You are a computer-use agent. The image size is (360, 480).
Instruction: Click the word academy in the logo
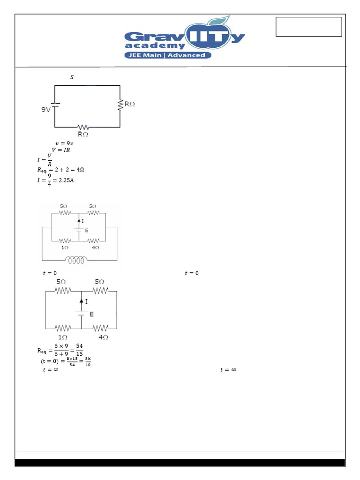click(x=155, y=45)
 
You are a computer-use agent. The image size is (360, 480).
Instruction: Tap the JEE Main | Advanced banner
click(x=167, y=55)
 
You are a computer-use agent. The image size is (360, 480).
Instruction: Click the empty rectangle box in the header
click(x=308, y=27)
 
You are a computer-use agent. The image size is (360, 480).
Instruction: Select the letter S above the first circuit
click(x=72, y=77)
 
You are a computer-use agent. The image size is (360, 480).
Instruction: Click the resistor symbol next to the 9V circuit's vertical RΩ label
click(x=120, y=105)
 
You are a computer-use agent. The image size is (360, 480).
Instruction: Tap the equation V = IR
click(x=61, y=150)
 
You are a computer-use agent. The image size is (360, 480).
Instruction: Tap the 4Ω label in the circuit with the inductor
click(x=95, y=247)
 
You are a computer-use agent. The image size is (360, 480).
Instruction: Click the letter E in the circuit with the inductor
click(x=86, y=231)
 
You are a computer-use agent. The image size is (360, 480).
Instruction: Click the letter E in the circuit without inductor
click(x=91, y=314)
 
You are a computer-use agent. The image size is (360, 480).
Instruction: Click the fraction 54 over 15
click(x=80, y=350)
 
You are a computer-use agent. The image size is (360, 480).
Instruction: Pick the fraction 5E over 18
click(x=88, y=361)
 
